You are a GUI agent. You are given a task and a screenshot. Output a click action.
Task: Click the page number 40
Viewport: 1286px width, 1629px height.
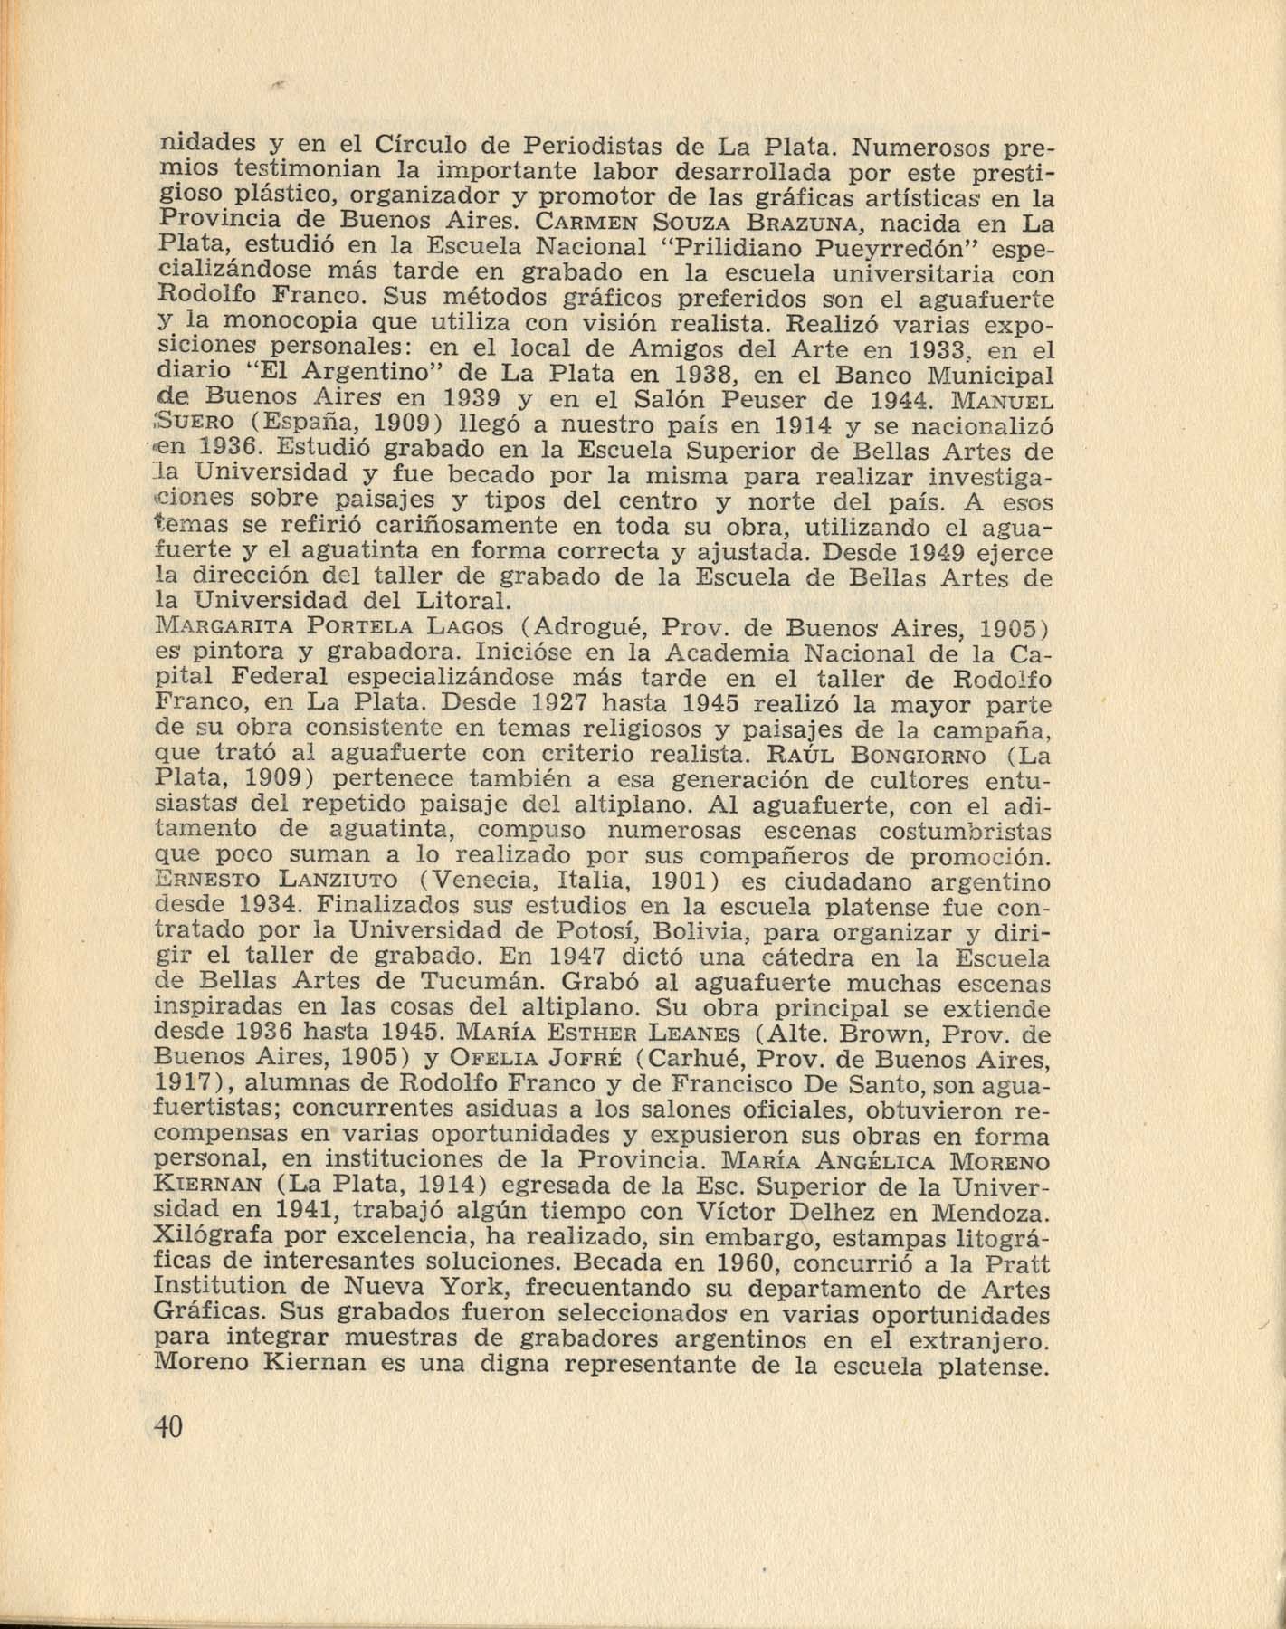[x=168, y=1427]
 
